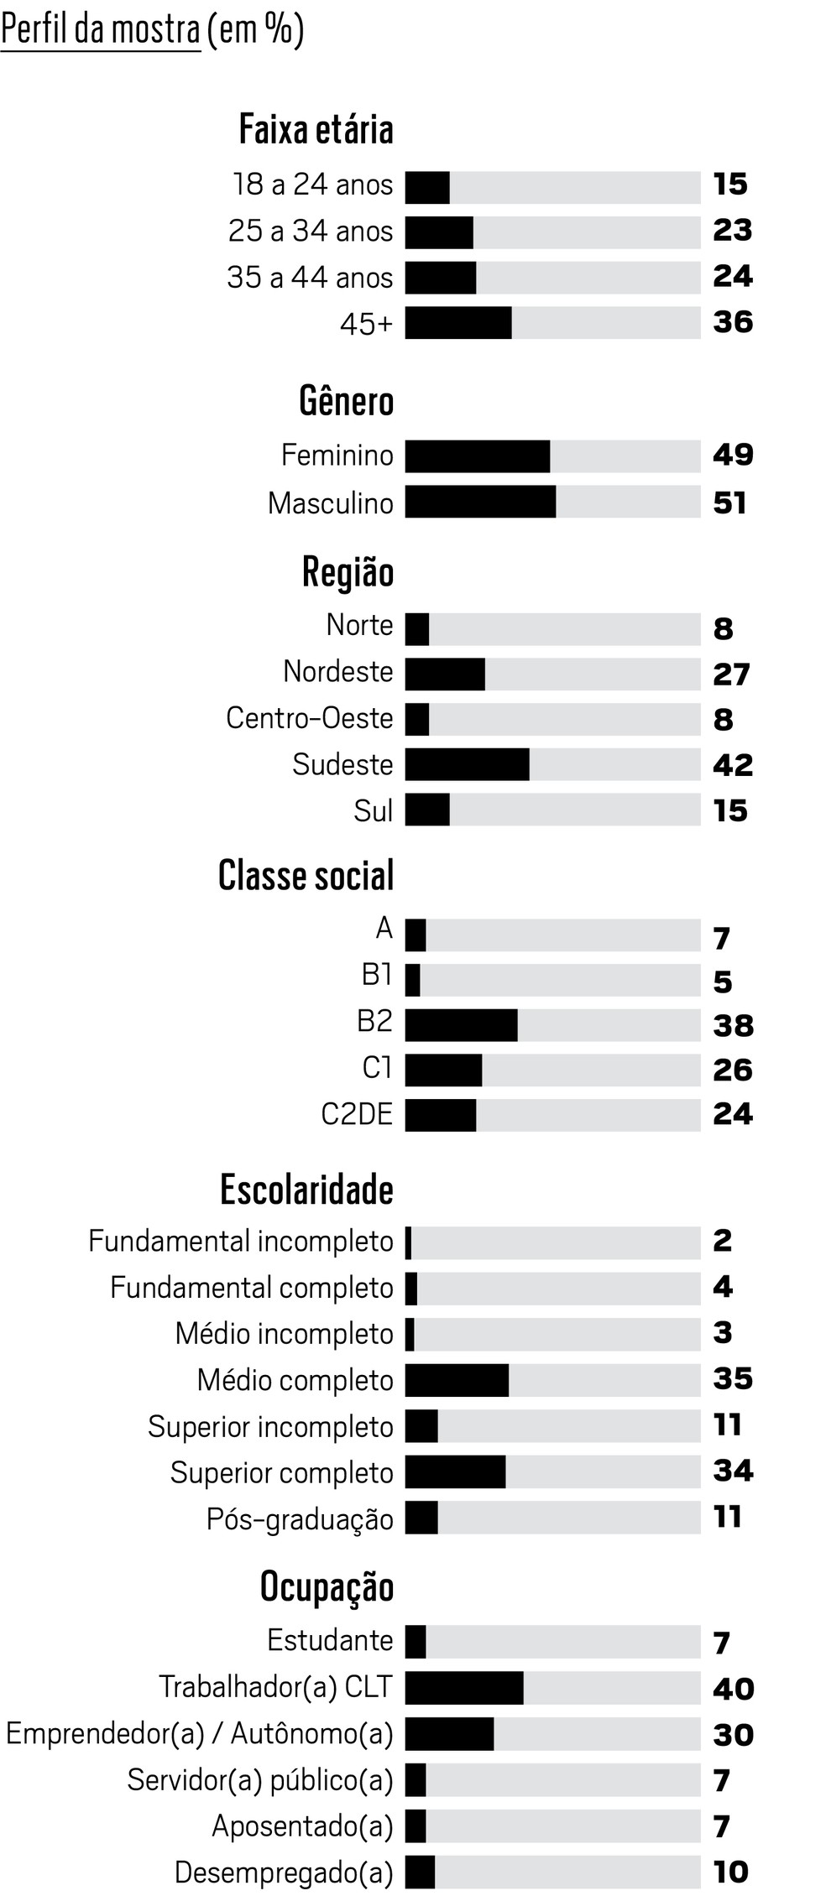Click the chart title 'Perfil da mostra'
coord(101,30)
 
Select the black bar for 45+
coord(458,323)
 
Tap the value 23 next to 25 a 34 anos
coord(732,230)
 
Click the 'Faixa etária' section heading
coord(316,130)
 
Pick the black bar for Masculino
coord(480,502)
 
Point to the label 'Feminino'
coord(337,456)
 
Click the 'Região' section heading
coord(348,573)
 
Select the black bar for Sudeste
coord(467,764)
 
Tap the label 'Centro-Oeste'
coord(309,718)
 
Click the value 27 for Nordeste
coord(731,674)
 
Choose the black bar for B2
coord(461,1025)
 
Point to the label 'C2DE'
coord(357,1114)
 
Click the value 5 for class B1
coord(722,982)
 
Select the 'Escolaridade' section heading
coord(306,1190)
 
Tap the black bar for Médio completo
coord(457,1380)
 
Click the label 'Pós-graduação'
coord(300,1518)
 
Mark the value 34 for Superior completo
coord(732,1470)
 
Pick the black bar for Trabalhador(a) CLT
coord(464,1687)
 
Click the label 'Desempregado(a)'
coord(284,1872)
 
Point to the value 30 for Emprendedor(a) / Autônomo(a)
coord(733,1734)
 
